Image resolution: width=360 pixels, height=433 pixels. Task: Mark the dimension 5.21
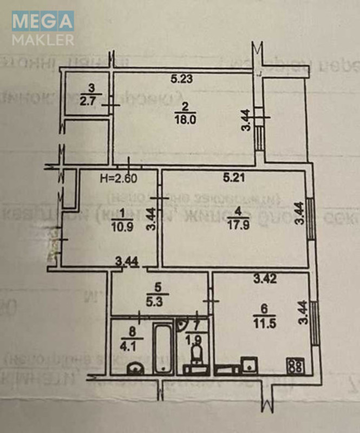[235, 176]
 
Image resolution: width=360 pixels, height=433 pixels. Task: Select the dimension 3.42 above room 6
[265, 280]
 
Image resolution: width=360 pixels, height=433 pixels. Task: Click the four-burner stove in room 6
[296, 365]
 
